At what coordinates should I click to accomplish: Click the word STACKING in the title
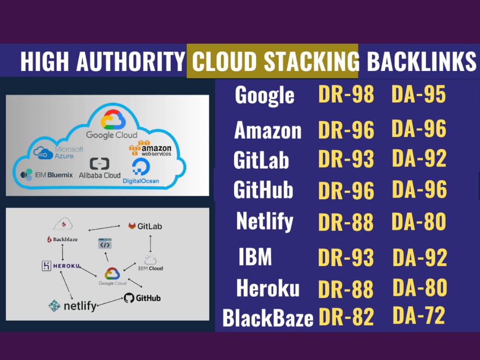[x=312, y=61]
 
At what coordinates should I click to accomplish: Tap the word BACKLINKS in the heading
[x=421, y=61]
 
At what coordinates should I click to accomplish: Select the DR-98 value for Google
[x=346, y=94]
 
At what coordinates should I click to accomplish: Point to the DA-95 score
[x=419, y=94]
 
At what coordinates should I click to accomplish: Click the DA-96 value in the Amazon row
[x=419, y=129]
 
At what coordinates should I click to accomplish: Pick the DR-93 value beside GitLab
[x=346, y=158]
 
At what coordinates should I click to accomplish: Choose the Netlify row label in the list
[x=264, y=221]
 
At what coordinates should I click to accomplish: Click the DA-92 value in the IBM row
[x=420, y=257]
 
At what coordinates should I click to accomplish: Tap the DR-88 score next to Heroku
[x=346, y=289]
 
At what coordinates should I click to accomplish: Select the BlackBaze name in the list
[x=268, y=318]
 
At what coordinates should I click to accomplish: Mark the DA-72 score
[x=419, y=315]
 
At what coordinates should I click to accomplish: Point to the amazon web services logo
[x=150, y=148]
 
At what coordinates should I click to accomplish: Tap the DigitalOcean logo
[x=141, y=171]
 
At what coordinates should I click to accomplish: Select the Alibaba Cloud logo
[x=99, y=168]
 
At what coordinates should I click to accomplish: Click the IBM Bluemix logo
[x=46, y=175]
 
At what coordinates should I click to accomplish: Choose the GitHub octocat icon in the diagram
[x=129, y=298]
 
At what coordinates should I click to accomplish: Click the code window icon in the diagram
[x=105, y=244]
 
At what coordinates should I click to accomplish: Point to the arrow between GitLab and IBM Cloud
[x=150, y=244]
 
